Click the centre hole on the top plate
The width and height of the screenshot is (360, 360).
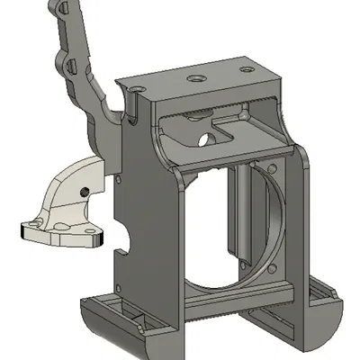(x=194, y=78)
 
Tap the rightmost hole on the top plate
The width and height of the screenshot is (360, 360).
(x=240, y=69)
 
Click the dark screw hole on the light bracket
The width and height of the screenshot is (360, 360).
(x=83, y=190)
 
